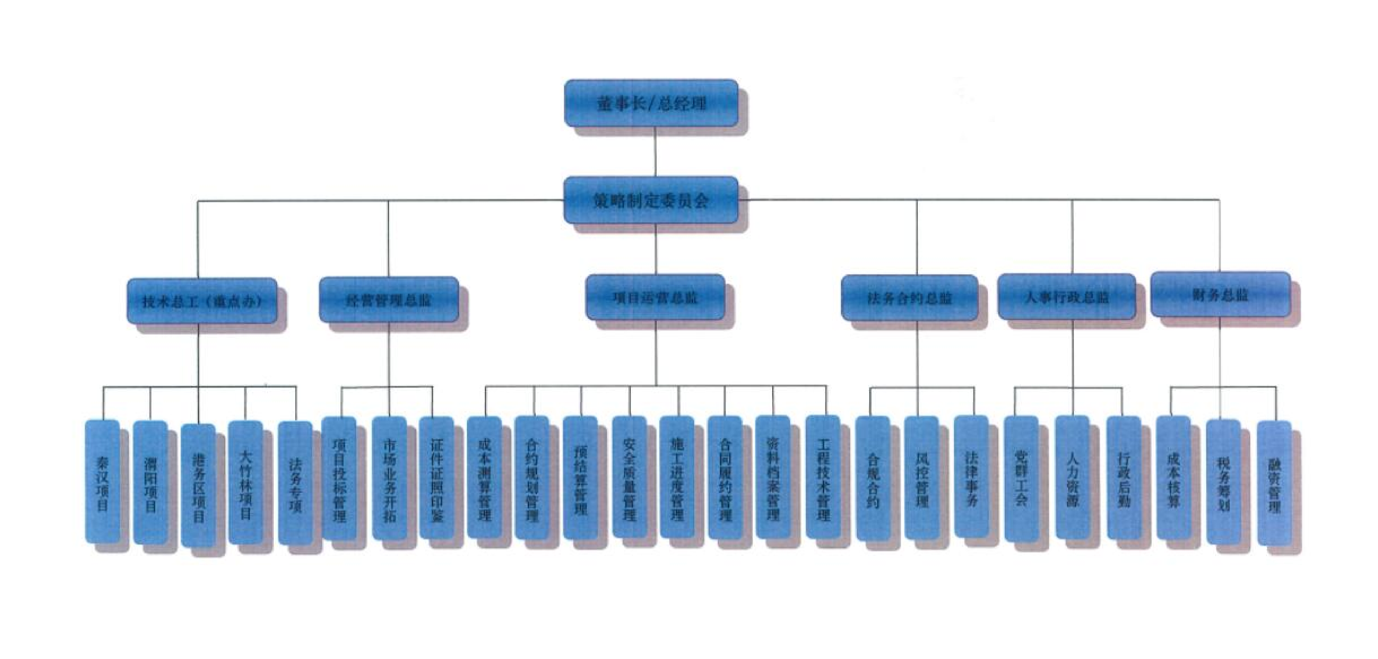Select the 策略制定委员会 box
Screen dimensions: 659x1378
coord(651,200)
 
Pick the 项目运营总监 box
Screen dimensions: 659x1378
coord(655,297)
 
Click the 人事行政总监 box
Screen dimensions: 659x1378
coord(1067,297)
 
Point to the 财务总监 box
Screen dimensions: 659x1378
coord(1220,294)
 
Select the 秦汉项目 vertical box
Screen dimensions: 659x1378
coord(102,482)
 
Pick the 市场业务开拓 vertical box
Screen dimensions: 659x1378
coord(389,478)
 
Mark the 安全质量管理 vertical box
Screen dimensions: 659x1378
coord(629,478)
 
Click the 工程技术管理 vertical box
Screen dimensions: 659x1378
coord(823,478)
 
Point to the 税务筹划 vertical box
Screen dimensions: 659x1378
coord(1223,482)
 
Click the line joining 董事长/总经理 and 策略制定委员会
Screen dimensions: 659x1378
coord(655,152)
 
